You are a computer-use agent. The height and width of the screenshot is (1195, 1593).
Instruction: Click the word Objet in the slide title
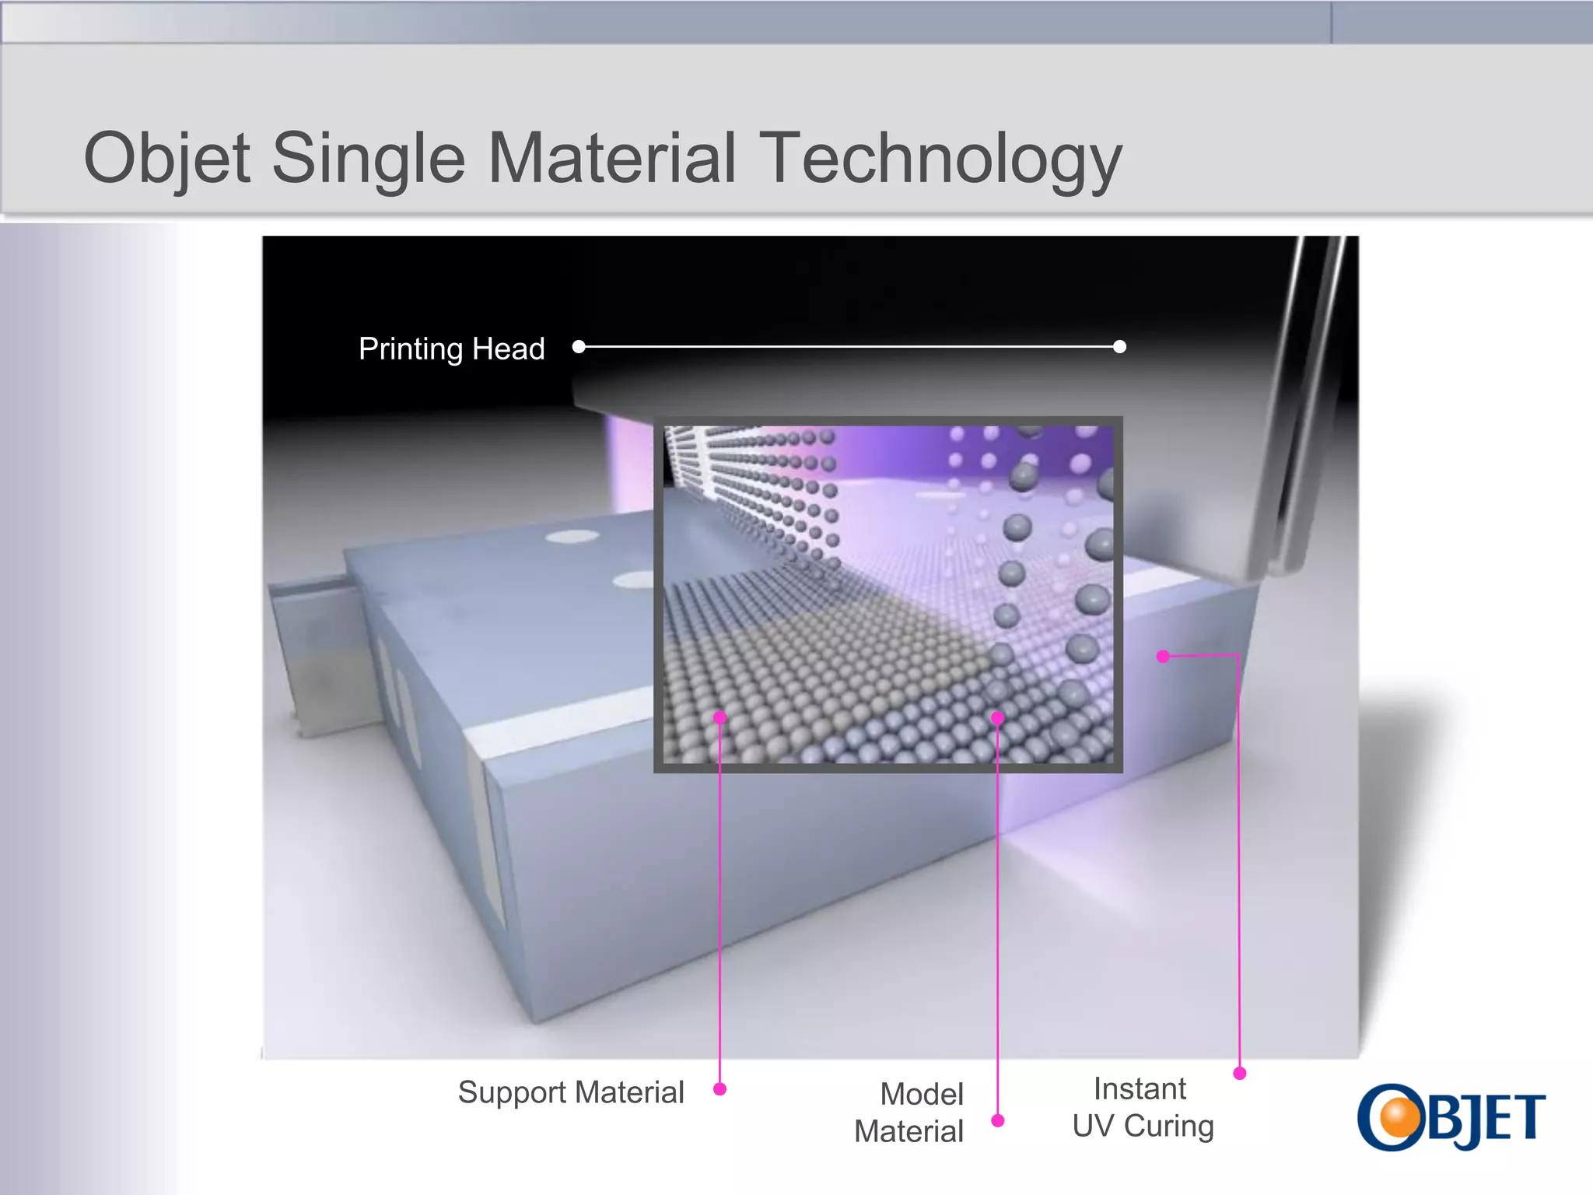(166, 159)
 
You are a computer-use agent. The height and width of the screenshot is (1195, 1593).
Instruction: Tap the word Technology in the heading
(940, 159)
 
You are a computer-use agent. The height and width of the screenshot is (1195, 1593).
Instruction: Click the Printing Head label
(451, 349)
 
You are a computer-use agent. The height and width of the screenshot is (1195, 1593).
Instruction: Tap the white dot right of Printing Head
(579, 346)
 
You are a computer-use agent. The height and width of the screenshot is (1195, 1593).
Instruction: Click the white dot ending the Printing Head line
(1119, 346)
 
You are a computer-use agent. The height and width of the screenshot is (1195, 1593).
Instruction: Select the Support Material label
(571, 1092)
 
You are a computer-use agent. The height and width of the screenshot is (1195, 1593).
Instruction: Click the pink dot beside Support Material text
(719, 1089)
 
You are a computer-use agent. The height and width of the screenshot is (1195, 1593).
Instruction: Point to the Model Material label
(909, 1113)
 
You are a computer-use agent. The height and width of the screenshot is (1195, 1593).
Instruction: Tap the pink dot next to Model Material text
(998, 1120)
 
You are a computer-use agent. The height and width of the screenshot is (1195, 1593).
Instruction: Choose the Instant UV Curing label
(1143, 1107)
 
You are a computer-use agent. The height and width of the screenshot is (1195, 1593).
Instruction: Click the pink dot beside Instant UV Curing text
(1240, 1074)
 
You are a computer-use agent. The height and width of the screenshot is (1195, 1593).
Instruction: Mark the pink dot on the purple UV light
(1163, 657)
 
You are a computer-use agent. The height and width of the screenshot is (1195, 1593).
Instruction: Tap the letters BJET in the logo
(1486, 1119)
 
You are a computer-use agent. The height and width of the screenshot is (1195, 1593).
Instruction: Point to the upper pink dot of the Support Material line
(720, 717)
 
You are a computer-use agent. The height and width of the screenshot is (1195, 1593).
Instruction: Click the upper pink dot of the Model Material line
(998, 718)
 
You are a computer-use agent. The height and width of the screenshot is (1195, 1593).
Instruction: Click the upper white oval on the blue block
(572, 536)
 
